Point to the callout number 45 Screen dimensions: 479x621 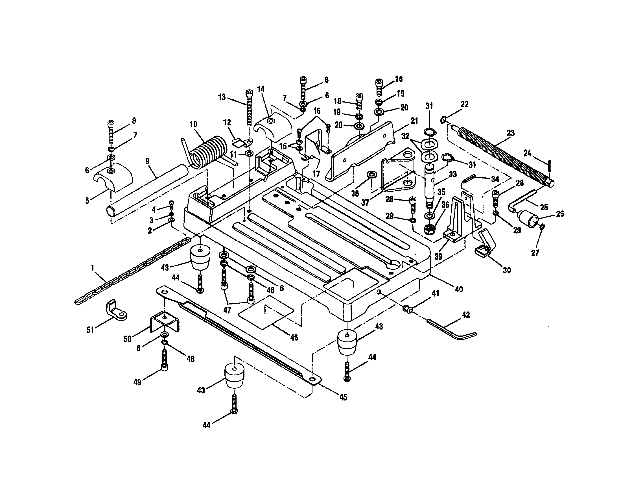pos(343,397)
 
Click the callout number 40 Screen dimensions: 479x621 pos(459,289)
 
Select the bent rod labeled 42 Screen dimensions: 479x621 pos(452,330)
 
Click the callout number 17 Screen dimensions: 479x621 pos(316,173)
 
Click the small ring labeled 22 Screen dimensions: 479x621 pos(443,120)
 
